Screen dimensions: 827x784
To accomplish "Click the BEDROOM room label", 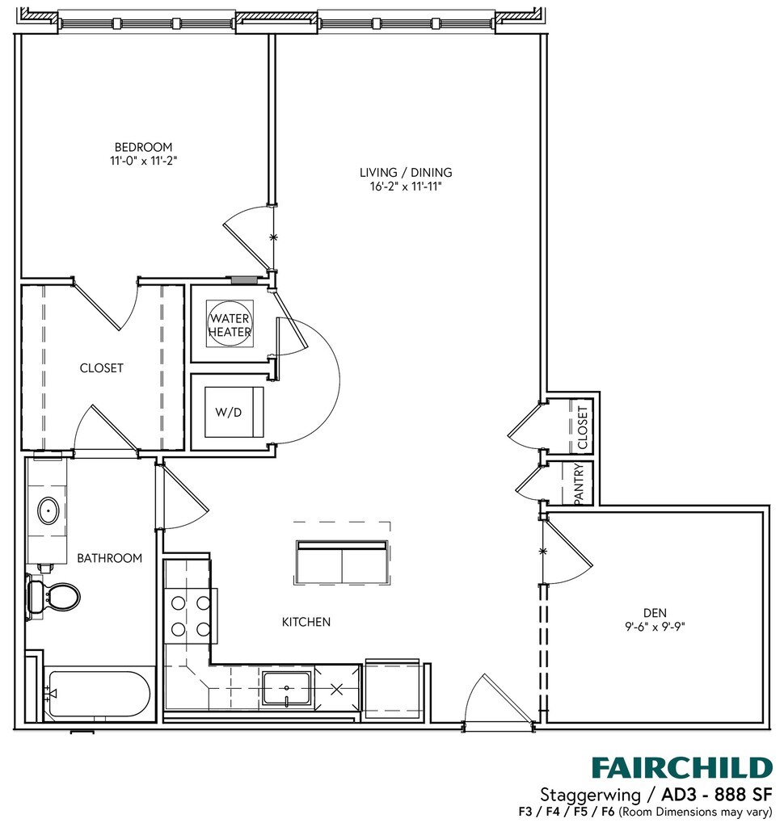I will click(x=143, y=147).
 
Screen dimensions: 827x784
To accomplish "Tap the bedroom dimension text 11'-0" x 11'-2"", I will click(x=143, y=161).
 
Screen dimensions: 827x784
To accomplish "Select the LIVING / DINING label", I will click(x=406, y=172).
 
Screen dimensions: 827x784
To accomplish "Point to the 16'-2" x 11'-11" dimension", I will click(x=406, y=187).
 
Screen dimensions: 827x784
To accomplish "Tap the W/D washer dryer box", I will click(x=234, y=412).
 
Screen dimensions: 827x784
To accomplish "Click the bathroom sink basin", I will click(x=49, y=511).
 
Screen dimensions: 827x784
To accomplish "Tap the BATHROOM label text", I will click(x=109, y=558).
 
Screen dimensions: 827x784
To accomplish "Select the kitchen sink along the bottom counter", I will click(x=287, y=689).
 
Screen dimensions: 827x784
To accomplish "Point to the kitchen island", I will click(x=341, y=561).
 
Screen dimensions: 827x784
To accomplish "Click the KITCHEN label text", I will click(x=306, y=622).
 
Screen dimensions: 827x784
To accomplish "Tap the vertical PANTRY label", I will click(x=579, y=485).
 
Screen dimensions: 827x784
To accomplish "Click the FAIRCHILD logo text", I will click(x=681, y=766).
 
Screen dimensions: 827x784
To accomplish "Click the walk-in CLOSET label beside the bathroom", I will click(x=101, y=368).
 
